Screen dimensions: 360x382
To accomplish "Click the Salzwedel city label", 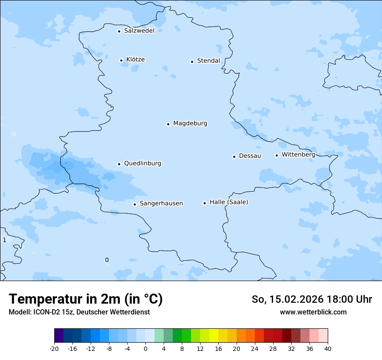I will tap(139, 31).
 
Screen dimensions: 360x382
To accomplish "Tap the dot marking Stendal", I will tap(192, 62).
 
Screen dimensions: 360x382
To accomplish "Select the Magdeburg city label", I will tap(190, 124).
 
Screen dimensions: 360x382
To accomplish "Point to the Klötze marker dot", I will tap(121, 60).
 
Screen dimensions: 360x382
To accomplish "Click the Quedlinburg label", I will tap(142, 164).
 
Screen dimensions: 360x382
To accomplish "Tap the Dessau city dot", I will tap(234, 157).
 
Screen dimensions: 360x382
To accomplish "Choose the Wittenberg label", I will tap(298, 155).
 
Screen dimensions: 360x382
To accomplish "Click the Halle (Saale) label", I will tap(229, 203).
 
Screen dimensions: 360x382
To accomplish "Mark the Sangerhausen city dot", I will tap(135, 204).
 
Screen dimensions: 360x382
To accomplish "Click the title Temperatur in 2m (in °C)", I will tap(86, 299).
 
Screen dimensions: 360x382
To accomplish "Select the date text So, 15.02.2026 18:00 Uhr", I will tap(312, 299).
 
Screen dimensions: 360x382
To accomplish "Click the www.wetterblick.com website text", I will tap(313, 312).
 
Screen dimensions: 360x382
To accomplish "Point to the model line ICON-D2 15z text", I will tap(79, 312).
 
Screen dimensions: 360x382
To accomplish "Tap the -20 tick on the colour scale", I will tap(54, 349).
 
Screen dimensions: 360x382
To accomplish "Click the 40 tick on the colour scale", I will tap(327, 349).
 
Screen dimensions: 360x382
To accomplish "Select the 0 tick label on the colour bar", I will tap(145, 349).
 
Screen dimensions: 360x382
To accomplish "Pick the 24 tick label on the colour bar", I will tap(255, 349).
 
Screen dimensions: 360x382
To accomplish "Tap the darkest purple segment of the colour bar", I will tap(59, 336).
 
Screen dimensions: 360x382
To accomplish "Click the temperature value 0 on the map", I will tap(107, 260).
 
